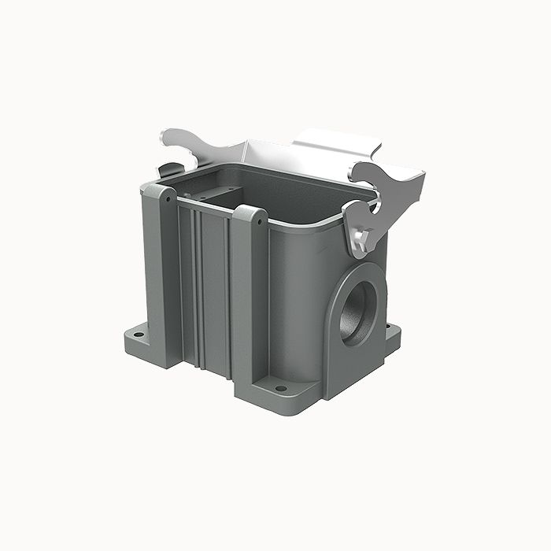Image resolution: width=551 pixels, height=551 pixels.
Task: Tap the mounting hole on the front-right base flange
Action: pos(280,388)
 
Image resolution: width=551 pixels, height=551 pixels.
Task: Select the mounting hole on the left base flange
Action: pos(139,335)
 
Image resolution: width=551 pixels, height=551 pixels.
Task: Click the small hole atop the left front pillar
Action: pos(168,199)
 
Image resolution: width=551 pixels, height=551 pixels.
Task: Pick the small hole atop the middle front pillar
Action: pos(260,221)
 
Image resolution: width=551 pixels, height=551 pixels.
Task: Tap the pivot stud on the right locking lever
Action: pos(361,237)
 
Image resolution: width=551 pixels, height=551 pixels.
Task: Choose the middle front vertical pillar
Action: pos(250,299)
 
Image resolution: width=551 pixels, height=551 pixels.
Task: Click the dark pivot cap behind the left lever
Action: pos(168,169)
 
